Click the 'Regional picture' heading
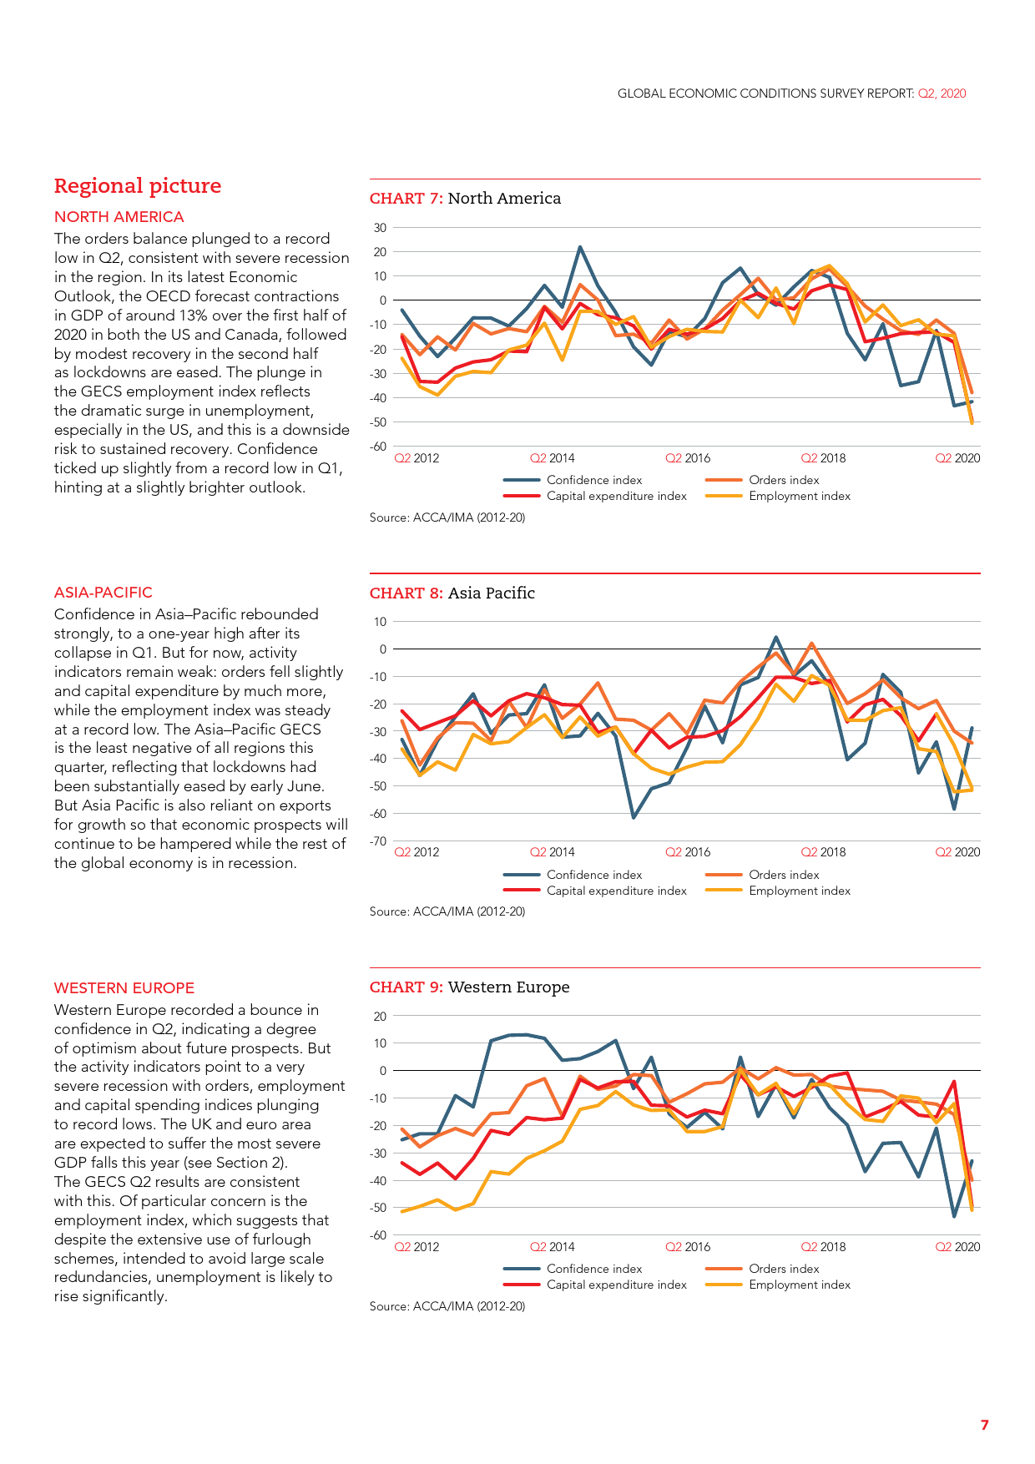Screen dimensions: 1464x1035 tap(138, 186)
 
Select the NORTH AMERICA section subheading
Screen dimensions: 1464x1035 tap(119, 217)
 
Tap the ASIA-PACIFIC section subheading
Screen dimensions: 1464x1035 tap(103, 593)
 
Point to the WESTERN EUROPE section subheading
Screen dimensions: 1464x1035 tap(124, 988)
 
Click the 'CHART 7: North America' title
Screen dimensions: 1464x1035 tap(465, 199)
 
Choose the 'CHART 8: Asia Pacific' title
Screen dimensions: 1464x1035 tap(452, 593)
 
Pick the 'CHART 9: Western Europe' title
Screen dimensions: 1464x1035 tap(469, 987)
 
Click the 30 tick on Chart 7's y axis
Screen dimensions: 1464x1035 tap(381, 228)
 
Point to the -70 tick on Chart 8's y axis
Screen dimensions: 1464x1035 tap(379, 841)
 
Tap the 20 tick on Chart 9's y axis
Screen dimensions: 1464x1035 tap(381, 1017)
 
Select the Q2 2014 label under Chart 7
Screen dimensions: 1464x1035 tap(553, 458)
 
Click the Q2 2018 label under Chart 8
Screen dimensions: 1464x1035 tap(823, 852)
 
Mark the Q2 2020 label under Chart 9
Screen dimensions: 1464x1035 tap(957, 1247)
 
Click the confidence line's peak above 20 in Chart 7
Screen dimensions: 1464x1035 tap(580, 248)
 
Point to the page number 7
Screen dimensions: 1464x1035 tap(985, 1425)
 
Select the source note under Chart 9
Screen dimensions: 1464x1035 tap(447, 1306)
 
